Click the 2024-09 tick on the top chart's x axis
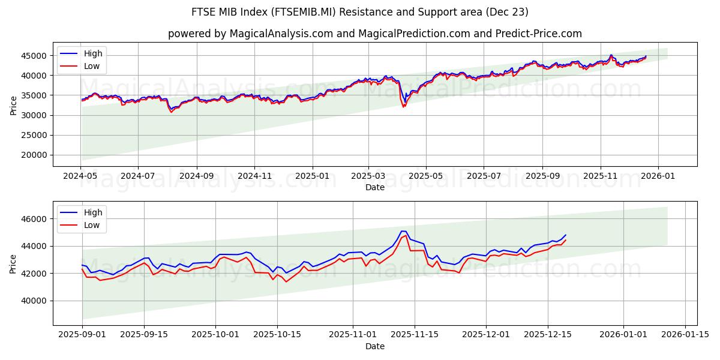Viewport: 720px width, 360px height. click(x=197, y=176)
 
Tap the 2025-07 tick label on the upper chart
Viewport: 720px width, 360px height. click(x=484, y=176)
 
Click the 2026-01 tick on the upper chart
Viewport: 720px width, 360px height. click(x=658, y=176)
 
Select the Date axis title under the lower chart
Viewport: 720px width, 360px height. click(x=375, y=346)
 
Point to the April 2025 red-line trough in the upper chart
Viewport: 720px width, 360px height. click(x=403, y=107)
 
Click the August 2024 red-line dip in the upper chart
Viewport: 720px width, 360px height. click(x=171, y=112)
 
